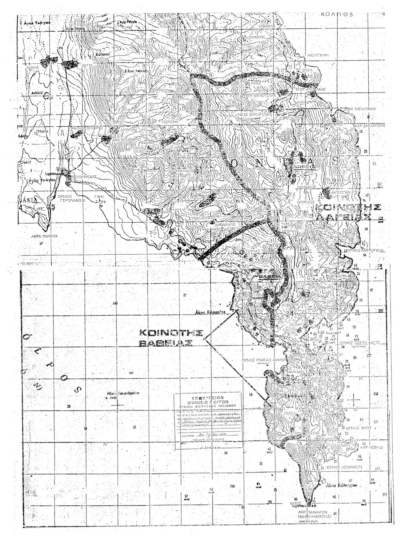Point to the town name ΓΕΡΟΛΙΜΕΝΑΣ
[x=84, y=178]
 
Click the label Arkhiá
[x=37, y=93]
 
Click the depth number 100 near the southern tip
[x=232, y=486]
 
